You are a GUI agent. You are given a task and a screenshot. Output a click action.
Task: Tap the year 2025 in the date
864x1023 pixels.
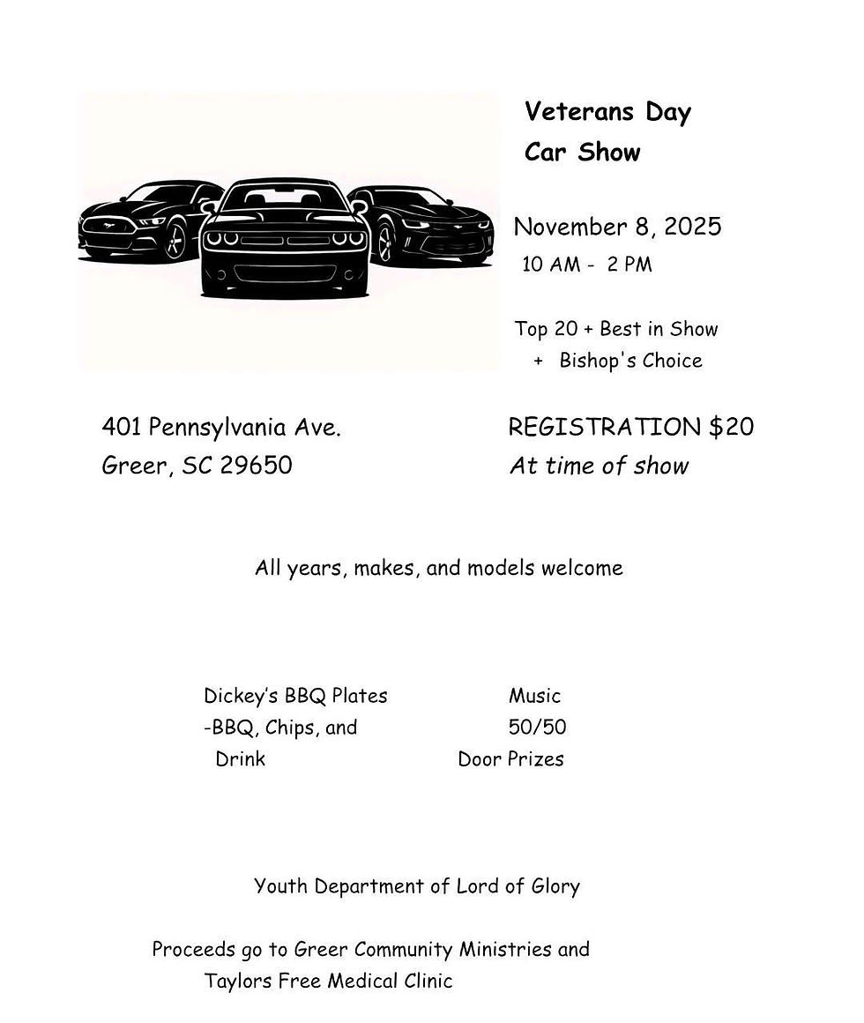coord(692,227)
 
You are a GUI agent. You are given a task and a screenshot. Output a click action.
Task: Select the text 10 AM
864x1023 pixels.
coord(551,265)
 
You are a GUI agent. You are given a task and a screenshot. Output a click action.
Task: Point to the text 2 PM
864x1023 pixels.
coord(629,265)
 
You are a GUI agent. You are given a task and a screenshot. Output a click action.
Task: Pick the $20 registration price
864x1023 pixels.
coord(731,427)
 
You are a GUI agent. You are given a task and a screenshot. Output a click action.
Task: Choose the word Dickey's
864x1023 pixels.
coord(241,696)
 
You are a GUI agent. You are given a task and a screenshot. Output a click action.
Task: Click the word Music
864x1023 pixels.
coord(534,696)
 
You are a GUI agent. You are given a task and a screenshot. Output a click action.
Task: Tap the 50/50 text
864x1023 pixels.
coord(537,728)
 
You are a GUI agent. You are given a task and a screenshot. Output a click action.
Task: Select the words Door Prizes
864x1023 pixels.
coord(510,759)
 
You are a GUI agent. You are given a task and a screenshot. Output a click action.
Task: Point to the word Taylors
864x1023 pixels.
coord(237,981)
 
